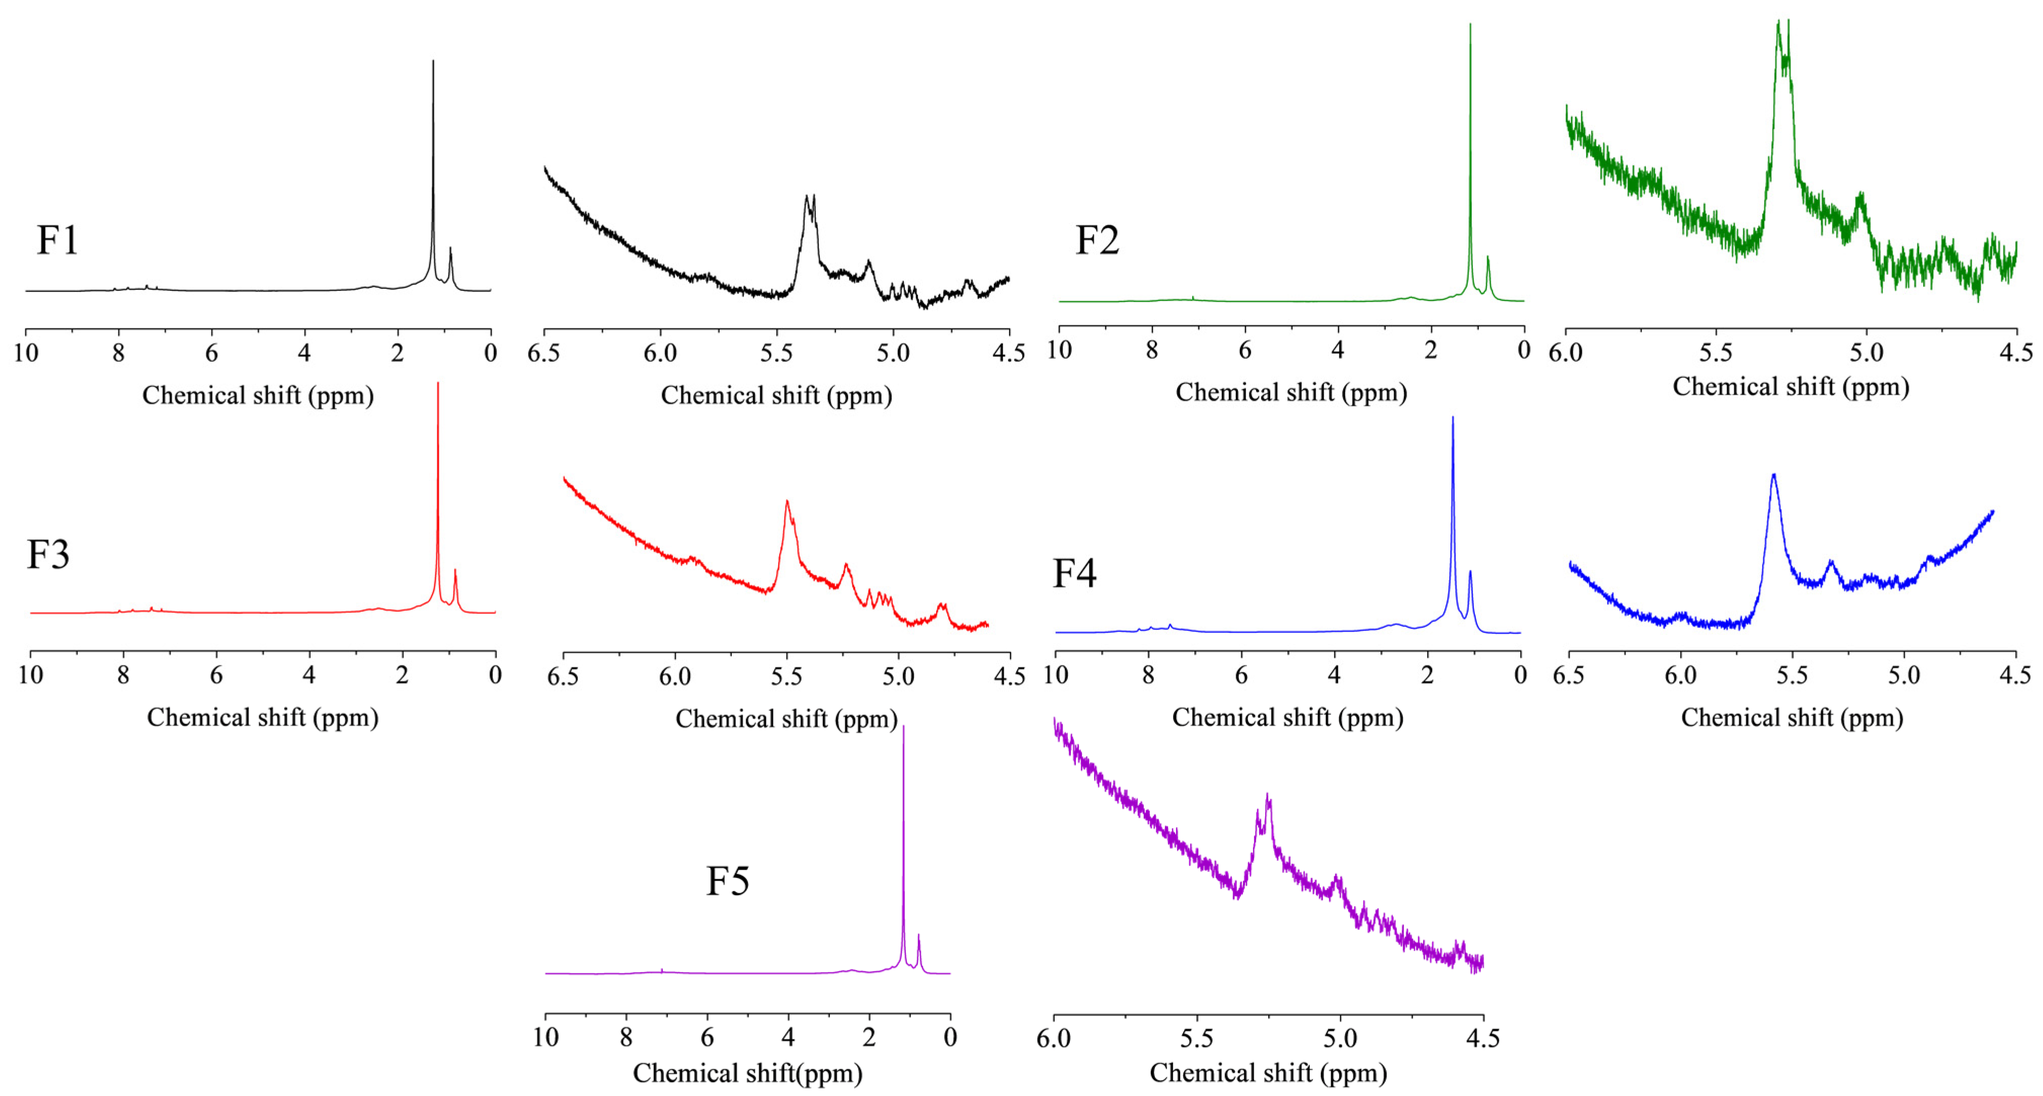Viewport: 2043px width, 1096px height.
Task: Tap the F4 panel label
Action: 1074,573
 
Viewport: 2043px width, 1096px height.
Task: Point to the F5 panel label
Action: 727,880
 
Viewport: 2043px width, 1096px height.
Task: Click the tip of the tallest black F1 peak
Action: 433,62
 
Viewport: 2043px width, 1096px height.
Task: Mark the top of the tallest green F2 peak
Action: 1471,25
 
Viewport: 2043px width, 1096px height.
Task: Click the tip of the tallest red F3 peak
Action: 438,384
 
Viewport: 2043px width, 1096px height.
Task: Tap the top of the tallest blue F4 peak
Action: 1453,418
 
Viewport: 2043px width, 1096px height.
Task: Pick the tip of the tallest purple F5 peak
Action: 903,727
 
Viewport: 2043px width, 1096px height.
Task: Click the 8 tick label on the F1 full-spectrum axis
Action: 118,353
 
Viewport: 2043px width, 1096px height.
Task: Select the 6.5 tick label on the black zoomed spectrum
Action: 544,353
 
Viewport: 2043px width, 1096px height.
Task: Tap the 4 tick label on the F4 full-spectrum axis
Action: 1334,675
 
